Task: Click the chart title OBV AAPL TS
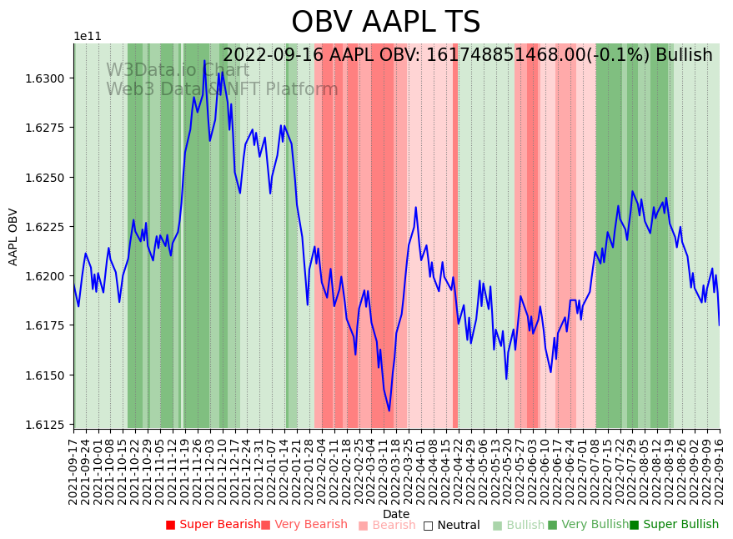tap(385, 23)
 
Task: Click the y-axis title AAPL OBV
tap(13, 236)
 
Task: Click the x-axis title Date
tap(396, 514)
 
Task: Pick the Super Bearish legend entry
tap(213, 525)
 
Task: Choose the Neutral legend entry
tap(451, 525)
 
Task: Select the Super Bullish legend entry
tap(674, 525)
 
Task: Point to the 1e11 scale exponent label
tap(88, 37)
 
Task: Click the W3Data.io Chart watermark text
tap(178, 70)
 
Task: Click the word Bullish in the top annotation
tap(684, 55)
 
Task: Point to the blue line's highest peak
tap(204, 60)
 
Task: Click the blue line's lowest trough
tap(389, 411)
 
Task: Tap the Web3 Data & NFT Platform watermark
tap(222, 89)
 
